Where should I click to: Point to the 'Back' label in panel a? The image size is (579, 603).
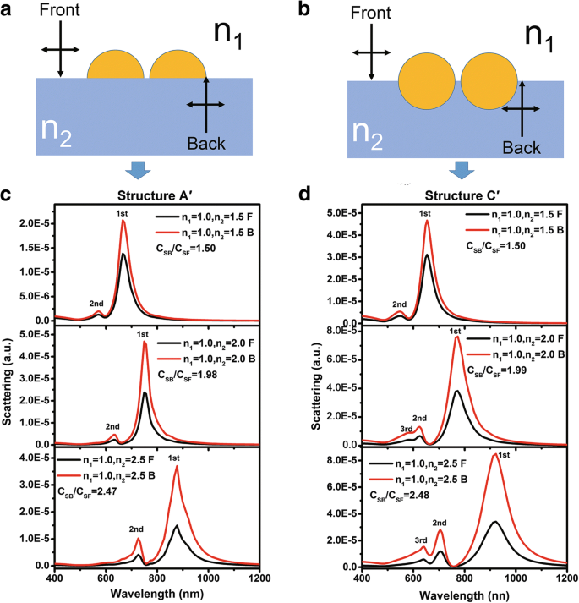(x=207, y=143)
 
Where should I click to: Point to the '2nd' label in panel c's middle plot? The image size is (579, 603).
(x=112, y=426)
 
